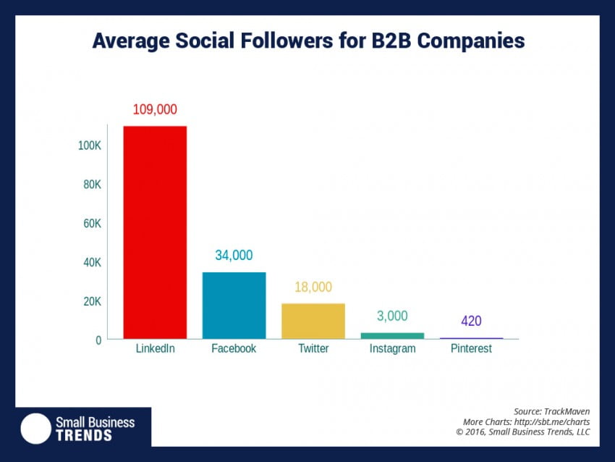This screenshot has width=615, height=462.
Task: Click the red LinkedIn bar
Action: coord(155,232)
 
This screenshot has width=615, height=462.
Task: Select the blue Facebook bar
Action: coord(234,305)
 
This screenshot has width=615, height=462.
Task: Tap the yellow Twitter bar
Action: coord(313,321)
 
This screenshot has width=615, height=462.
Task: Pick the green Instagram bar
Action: coord(392,335)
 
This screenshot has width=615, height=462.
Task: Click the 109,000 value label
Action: coord(155,110)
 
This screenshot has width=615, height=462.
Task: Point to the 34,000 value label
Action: coord(234,256)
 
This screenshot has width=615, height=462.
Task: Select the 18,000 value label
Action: coord(313,287)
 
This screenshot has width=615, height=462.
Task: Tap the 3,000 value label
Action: coord(392,316)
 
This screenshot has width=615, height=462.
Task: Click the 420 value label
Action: coord(471,322)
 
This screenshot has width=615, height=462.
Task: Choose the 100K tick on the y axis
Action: coord(90,146)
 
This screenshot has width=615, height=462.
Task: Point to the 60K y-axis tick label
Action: coord(92,224)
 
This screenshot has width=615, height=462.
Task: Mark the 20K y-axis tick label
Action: coord(92,301)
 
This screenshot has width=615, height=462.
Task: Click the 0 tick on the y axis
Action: coord(98,340)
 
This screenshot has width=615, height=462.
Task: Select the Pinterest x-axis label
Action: coord(471,349)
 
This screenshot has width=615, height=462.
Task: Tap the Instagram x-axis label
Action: coord(392,349)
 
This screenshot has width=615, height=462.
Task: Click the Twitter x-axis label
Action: coord(313,349)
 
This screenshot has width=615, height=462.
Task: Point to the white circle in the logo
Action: coord(35,428)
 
